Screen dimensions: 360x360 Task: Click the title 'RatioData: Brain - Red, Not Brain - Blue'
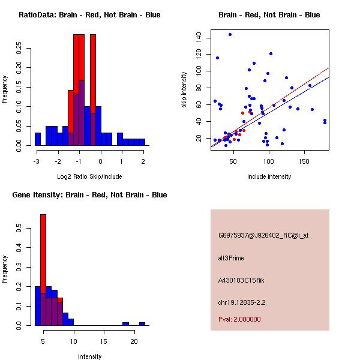89,15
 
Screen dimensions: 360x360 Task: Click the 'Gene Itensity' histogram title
90,195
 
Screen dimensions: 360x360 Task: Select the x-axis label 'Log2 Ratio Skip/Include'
89,176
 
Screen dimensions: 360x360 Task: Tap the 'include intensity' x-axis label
269,176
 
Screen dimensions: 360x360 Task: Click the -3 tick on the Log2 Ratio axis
37,161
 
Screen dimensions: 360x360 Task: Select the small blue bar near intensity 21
142,323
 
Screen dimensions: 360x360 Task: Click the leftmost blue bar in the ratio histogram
38,139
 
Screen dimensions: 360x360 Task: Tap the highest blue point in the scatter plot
230,35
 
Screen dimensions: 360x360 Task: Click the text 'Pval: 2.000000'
239,319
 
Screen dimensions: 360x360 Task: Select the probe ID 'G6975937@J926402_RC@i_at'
263,235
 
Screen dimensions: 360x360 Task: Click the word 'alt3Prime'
231,258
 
